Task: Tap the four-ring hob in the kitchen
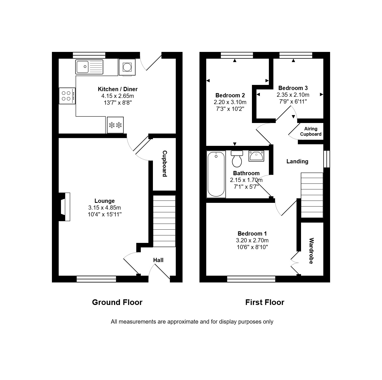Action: [x=67, y=96]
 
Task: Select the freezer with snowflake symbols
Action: [x=115, y=125]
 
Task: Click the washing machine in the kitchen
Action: [x=127, y=67]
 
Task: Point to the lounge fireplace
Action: [x=65, y=207]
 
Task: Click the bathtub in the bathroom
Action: [x=216, y=174]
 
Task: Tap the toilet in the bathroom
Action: [x=237, y=159]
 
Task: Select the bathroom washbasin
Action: [x=256, y=156]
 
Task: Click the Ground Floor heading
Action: [x=117, y=302]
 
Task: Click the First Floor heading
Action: [x=265, y=302]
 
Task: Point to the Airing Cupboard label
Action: [x=311, y=131]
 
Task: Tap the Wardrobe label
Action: [x=311, y=251]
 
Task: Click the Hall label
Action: [x=158, y=260]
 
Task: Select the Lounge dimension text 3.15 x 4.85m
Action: [x=104, y=208]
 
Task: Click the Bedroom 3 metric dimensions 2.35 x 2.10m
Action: [x=293, y=95]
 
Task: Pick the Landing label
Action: [x=297, y=161]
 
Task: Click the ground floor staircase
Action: [x=164, y=221]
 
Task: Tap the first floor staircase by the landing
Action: [x=312, y=195]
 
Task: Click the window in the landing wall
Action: [x=327, y=159]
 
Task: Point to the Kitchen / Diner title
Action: [x=118, y=89]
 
